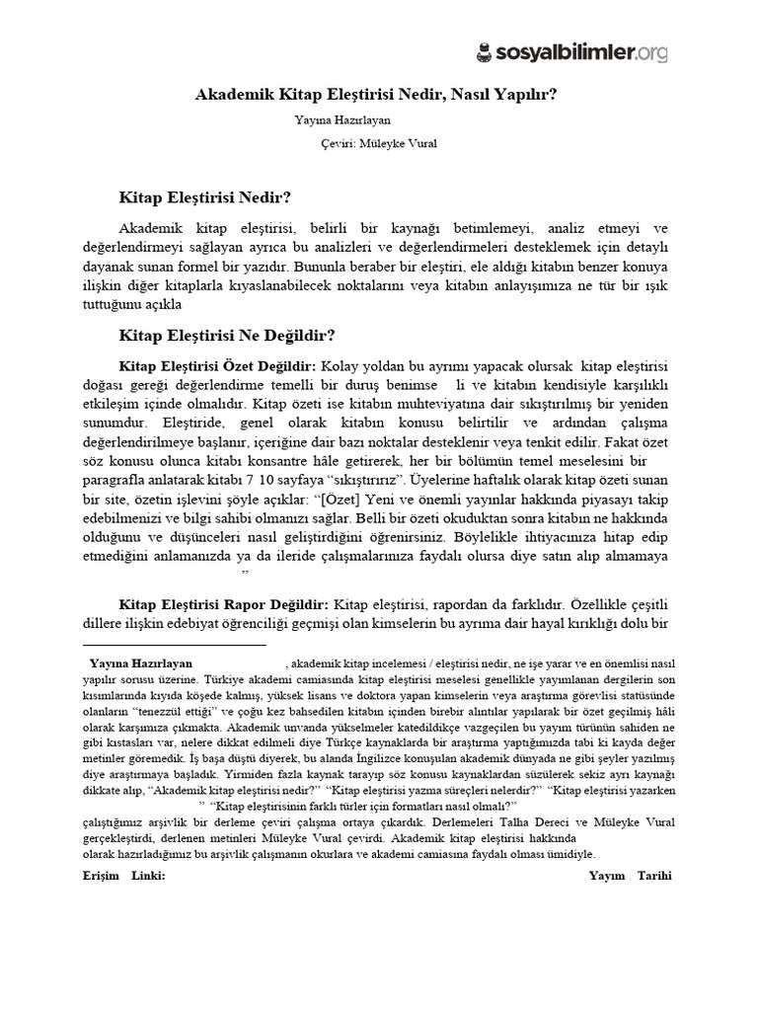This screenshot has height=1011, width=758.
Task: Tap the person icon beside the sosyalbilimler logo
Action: (x=484, y=50)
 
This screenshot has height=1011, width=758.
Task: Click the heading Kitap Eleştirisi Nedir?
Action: (x=204, y=196)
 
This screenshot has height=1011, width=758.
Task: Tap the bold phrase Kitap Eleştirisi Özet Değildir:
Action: (x=217, y=367)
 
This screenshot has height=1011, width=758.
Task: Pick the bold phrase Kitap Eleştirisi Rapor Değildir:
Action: (x=223, y=603)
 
